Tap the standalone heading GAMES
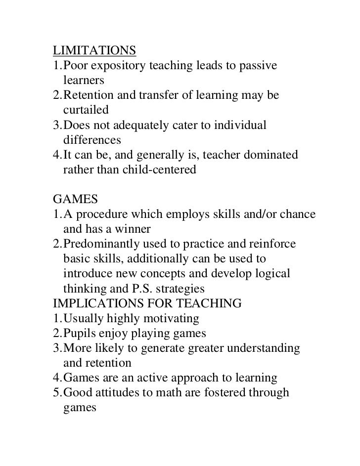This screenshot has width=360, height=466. tap(76, 200)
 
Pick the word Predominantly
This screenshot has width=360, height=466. tap(103, 244)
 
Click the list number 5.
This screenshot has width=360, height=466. tap(56, 393)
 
